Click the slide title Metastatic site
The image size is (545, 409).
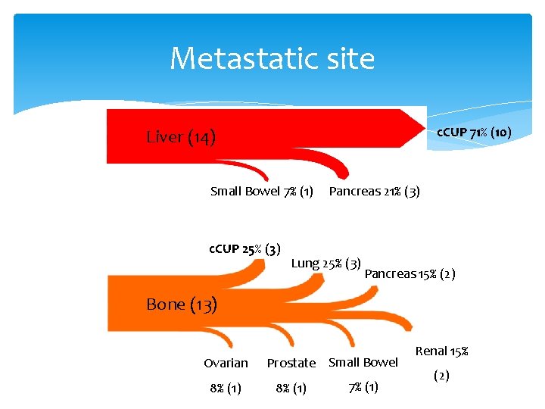pyautogui.click(x=272, y=58)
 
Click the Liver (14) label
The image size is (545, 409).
pyautogui.click(x=181, y=137)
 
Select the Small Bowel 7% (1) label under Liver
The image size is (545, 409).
pyautogui.click(x=262, y=191)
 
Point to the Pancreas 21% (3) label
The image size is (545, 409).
pyautogui.click(x=374, y=191)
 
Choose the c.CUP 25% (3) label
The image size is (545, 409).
pyautogui.click(x=244, y=248)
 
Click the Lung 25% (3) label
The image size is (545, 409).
pyautogui.click(x=325, y=264)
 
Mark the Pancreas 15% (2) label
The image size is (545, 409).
pyautogui.click(x=410, y=273)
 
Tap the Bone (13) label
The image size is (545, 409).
pyautogui.click(x=181, y=304)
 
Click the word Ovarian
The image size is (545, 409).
pyautogui.click(x=226, y=363)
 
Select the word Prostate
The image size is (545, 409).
pyautogui.click(x=291, y=364)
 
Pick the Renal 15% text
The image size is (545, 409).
pyautogui.click(x=442, y=351)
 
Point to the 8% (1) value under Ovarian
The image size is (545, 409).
pyautogui.click(x=226, y=389)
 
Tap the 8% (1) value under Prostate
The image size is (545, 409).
pyautogui.click(x=291, y=389)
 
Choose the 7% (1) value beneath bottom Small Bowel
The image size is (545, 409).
pyautogui.click(x=363, y=388)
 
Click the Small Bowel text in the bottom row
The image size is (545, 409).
pyautogui.click(x=363, y=362)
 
